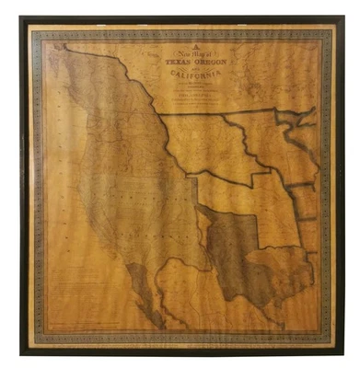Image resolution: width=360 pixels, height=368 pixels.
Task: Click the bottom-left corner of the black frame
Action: tap(21, 353)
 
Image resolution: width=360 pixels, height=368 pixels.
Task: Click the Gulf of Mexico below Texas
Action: tap(267, 308)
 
